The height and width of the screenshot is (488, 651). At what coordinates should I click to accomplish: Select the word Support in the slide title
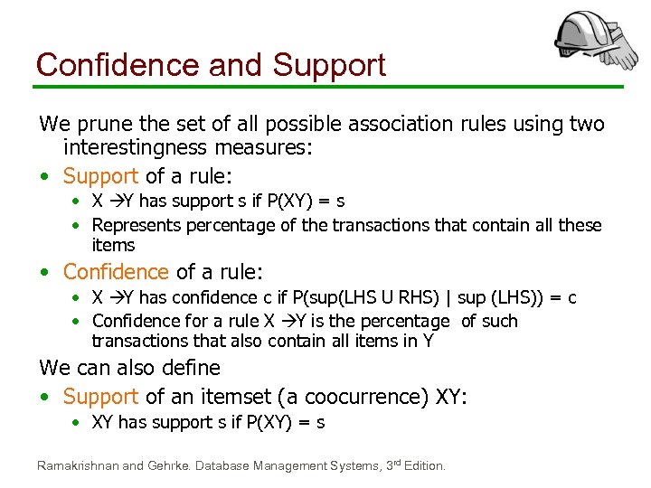329,65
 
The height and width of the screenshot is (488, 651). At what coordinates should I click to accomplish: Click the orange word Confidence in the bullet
116,271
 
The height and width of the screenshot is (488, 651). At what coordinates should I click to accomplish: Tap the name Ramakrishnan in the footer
77,466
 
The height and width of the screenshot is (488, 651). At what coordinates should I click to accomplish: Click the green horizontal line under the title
325,88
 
